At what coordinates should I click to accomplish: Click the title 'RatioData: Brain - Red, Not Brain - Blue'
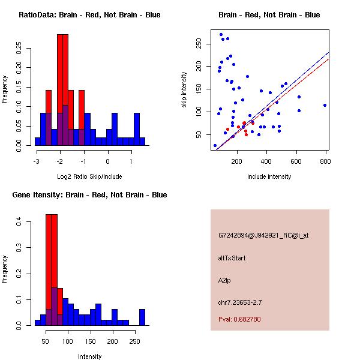[89, 15]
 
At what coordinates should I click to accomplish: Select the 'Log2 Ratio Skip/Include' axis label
[90, 176]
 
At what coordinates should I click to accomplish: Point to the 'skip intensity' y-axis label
[185, 90]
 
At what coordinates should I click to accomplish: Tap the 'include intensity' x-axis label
[269, 176]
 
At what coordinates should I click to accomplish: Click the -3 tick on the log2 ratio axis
[37, 161]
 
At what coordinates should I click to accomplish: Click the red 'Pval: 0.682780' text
[239, 319]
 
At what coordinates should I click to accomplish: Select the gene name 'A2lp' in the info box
[224, 280]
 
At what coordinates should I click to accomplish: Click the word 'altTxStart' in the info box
[232, 258]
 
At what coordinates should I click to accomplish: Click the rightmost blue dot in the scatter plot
[325, 105]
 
